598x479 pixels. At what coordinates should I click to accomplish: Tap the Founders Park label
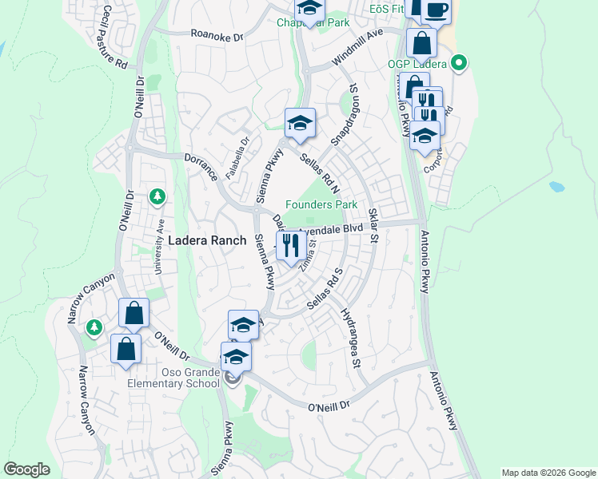[x=321, y=204]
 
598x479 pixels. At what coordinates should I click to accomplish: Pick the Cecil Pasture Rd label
[x=115, y=37]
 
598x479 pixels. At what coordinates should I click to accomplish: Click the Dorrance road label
[x=201, y=166]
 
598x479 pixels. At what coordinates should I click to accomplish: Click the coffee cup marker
[x=436, y=10]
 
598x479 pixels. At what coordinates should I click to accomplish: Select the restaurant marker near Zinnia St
[x=289, y=245]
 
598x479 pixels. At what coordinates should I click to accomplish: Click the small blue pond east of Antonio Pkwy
[x=556, y=187]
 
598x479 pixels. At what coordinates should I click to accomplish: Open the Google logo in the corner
[x=27, y=469]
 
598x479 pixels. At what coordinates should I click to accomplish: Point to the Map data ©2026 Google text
[x=547, y=473]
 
